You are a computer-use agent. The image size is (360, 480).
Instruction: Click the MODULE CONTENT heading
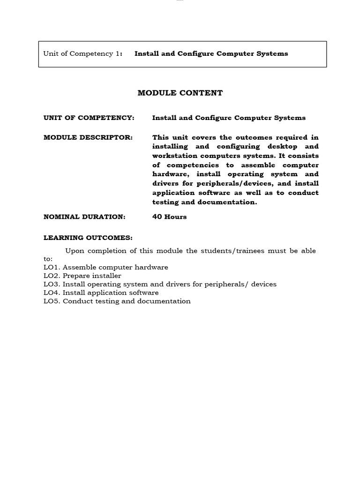coord(180,93)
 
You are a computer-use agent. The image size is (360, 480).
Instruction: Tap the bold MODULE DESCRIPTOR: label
coord(88,137)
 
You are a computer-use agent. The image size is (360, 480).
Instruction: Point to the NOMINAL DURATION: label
coord(84,217)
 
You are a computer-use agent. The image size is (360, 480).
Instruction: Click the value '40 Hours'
coord(169,217)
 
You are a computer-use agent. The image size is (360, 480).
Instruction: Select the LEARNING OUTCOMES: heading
coord(88,238)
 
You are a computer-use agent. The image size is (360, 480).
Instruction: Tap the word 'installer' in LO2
coord(107,276)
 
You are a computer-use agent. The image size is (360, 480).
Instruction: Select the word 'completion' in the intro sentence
coord(106,251)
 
